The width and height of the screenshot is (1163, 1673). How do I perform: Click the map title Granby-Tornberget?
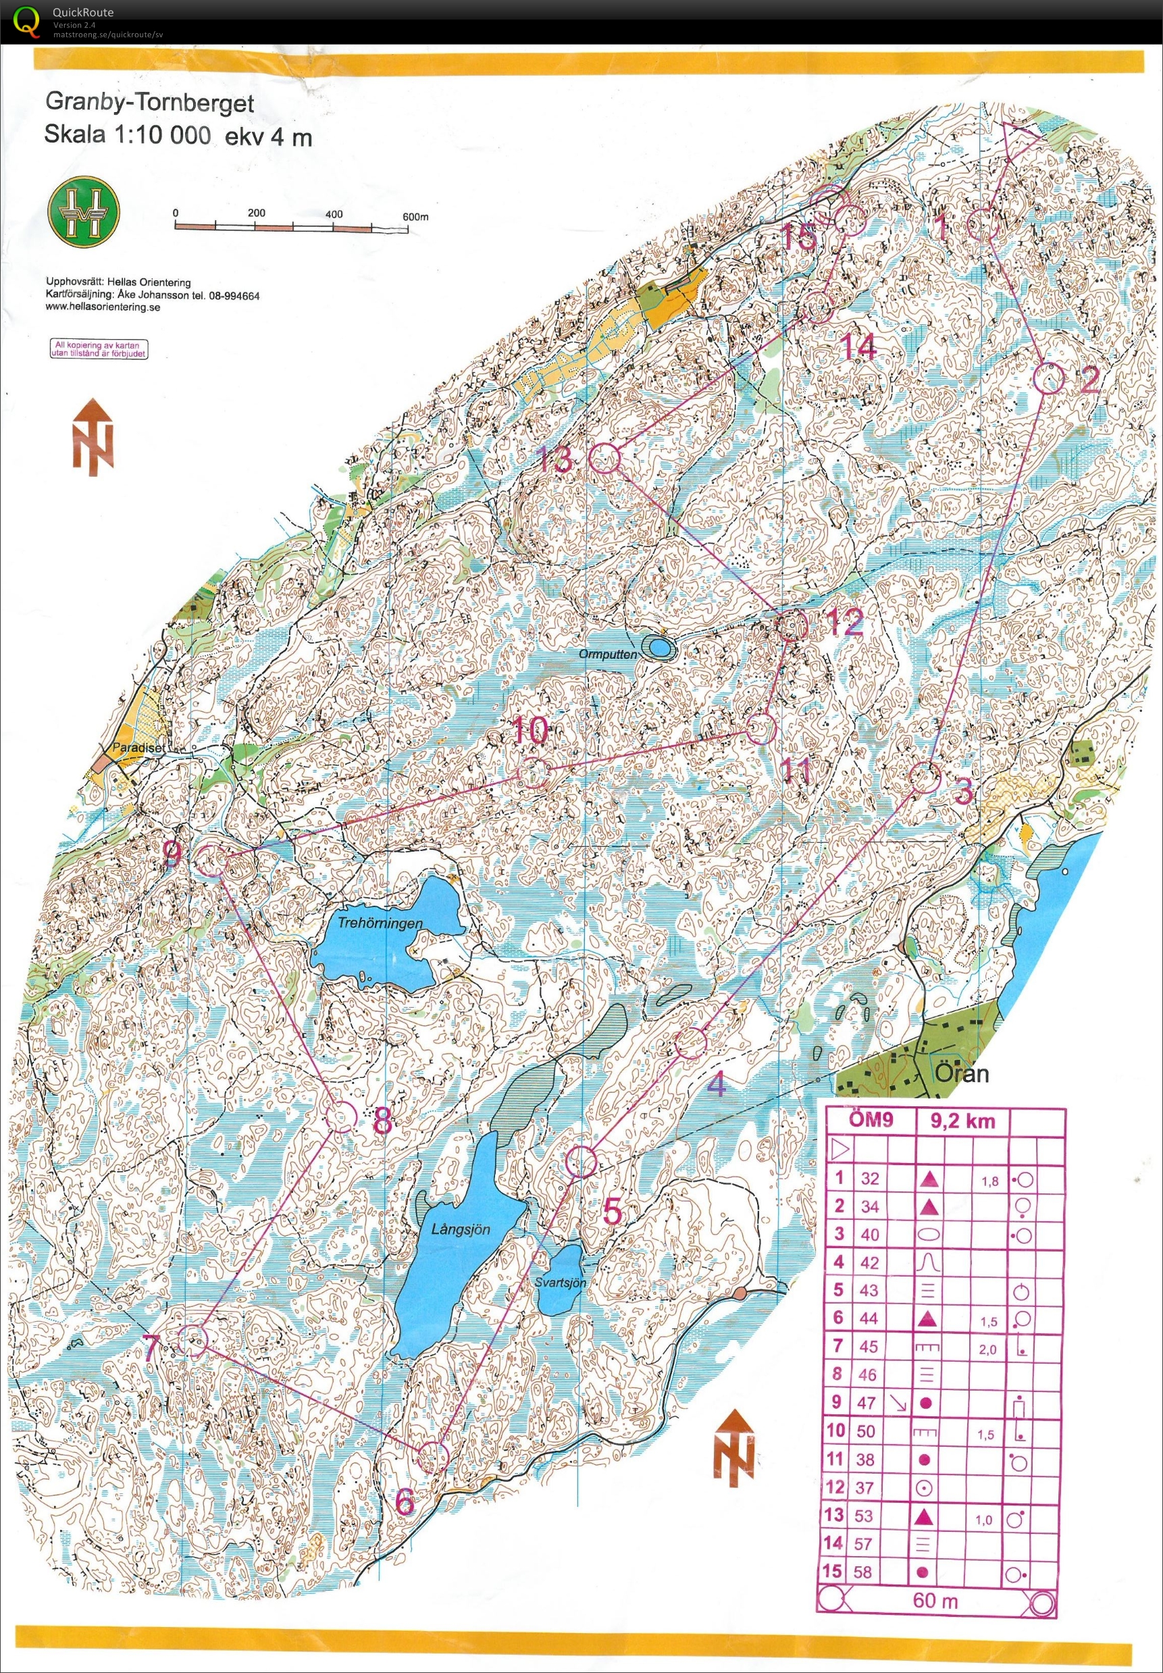coord(149,101)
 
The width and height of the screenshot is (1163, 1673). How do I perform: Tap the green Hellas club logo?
coord(83,211)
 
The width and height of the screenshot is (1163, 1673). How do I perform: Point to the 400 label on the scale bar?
coord(334,214)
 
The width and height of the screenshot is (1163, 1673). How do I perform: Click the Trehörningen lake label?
coord(380,923)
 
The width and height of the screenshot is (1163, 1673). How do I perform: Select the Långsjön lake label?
coord(460,1229)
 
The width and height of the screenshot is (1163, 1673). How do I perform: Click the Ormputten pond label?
coord(608,654)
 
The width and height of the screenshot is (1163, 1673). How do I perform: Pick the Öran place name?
coord(961,1074)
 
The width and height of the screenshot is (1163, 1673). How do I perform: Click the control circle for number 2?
coord(1050,379)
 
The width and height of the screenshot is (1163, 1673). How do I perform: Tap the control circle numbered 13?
coord(604,459)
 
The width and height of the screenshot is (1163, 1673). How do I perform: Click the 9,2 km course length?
coord(962,1121)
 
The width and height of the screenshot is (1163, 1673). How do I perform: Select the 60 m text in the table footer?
coord(935,1595)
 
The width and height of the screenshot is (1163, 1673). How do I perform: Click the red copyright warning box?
coord(99,349)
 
